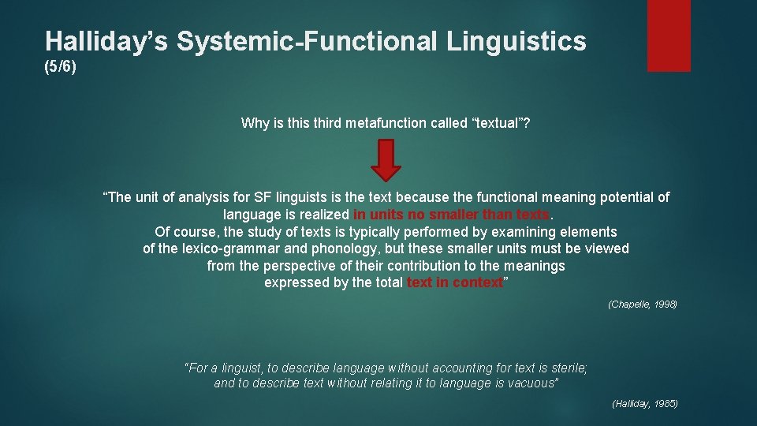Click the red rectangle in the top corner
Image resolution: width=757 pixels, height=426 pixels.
pos(668,35)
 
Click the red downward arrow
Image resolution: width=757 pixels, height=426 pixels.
pos(386,160)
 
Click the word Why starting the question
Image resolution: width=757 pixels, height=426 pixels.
pos(255,122)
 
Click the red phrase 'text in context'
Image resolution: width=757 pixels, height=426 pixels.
pos(454,283)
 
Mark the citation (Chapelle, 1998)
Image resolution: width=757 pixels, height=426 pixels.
pos(642,305)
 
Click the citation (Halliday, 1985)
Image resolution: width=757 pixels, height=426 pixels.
pos(644,404)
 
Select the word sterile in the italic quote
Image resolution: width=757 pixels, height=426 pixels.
pos(569,368)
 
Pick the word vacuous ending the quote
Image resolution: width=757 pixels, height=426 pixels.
pos(532,383)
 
